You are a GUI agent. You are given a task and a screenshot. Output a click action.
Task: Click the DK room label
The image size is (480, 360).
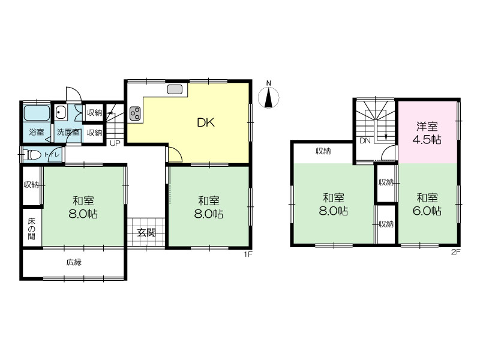pos(206,123)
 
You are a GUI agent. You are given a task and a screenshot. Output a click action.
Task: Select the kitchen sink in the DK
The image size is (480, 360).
pos(175,89)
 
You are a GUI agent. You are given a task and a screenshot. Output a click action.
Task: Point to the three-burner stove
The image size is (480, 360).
pos(135,113)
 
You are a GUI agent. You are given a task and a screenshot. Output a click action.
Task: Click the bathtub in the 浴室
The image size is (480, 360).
pos(37,113)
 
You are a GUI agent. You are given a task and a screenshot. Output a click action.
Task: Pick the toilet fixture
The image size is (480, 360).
pos(34,155)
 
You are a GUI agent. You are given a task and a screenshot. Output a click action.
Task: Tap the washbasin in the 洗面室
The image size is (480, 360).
pos(61,112)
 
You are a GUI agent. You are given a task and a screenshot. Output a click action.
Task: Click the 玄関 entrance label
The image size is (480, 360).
pos(146,233)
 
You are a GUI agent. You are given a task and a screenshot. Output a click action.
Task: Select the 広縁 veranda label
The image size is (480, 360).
pos(74,262)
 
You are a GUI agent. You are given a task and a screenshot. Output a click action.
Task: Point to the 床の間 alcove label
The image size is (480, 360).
pos(32,229)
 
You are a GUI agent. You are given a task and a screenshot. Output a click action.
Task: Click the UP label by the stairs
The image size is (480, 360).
pos(115,143)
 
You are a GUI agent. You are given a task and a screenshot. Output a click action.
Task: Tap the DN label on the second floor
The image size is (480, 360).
pos(365,141)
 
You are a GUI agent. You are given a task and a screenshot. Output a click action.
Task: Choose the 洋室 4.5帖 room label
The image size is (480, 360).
pos(427,133)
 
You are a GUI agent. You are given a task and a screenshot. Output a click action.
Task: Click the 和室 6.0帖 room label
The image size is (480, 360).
pos(427,204)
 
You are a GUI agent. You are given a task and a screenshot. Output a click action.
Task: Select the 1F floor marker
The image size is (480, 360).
pos(248,254)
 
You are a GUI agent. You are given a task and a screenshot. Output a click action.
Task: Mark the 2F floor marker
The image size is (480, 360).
pos(456,252)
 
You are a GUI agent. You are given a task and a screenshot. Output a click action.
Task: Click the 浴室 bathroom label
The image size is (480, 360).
pos(37,132)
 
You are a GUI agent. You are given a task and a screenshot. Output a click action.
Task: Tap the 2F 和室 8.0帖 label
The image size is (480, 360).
pos(334,204)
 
